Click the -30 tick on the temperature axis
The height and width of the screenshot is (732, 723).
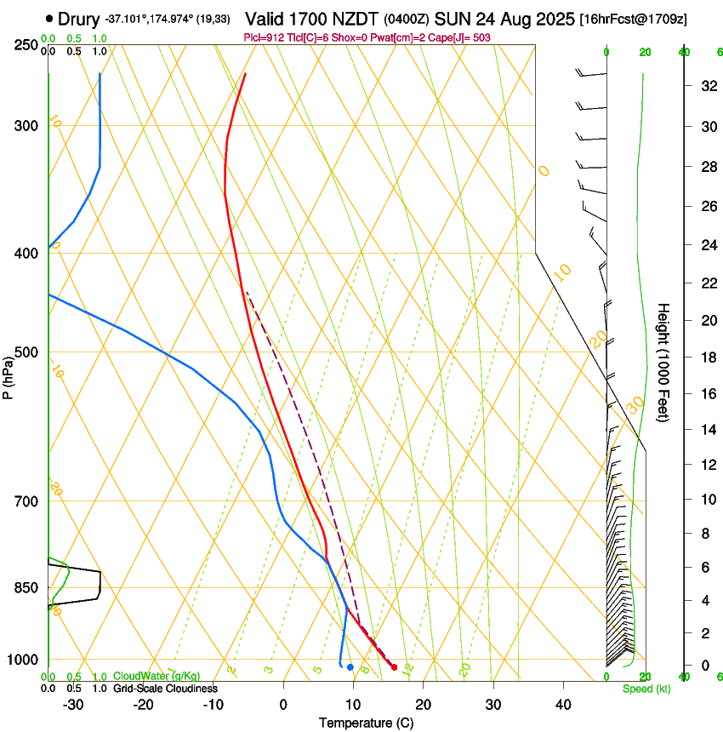point(74,705)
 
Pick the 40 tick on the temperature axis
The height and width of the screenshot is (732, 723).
point(562,705)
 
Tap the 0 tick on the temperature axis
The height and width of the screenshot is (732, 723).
point(283,705)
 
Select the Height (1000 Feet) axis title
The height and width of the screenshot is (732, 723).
point(664,363)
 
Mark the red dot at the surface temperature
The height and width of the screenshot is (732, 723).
point(394,666)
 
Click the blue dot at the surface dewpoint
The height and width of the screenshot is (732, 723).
point(350,666)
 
